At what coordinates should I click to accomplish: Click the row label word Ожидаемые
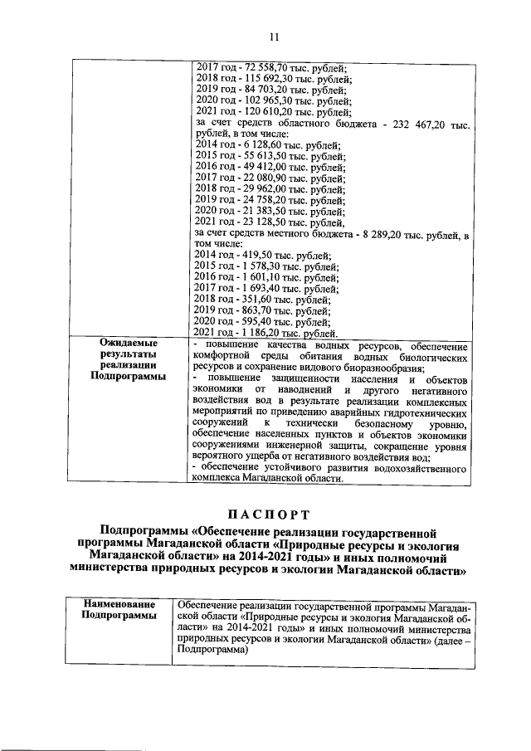124,344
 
